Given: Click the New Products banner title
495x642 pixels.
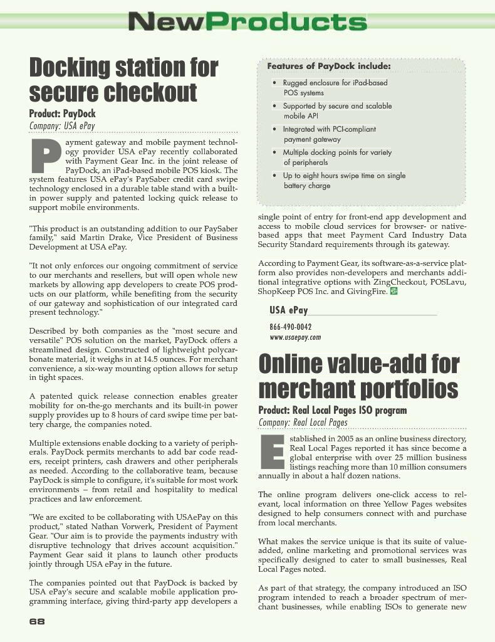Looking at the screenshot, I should coord(247,23).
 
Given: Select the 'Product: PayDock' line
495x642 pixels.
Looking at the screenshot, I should coord(63,114).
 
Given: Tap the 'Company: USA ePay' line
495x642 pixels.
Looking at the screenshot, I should coord(62,126).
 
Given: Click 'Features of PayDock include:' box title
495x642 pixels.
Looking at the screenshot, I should coord(329,66).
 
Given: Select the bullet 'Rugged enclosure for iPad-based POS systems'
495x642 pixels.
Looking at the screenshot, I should coord(335,88).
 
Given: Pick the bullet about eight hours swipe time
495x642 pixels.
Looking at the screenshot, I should coord(343,181).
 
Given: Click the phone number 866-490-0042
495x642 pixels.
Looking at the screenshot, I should coord(291,327).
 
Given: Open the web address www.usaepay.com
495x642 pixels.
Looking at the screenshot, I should coord(295,337).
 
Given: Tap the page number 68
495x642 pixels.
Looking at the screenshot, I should coord(37,621).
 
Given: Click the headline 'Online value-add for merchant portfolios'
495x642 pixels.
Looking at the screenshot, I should coord(358,376).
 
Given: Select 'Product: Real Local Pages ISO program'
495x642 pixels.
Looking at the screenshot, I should coord(333,410).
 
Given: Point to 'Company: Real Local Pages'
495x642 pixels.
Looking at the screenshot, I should coord(303,422).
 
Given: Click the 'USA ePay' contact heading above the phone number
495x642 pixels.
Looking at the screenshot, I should coord(289,310).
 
